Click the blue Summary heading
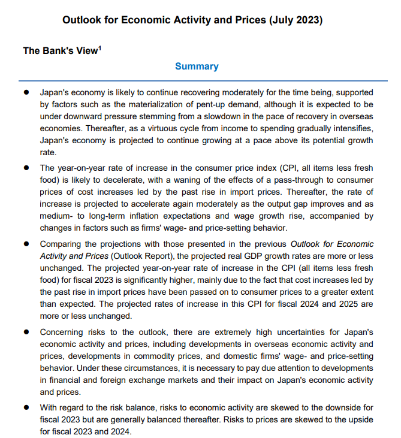[197, 67]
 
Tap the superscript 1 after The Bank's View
[99, 47]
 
